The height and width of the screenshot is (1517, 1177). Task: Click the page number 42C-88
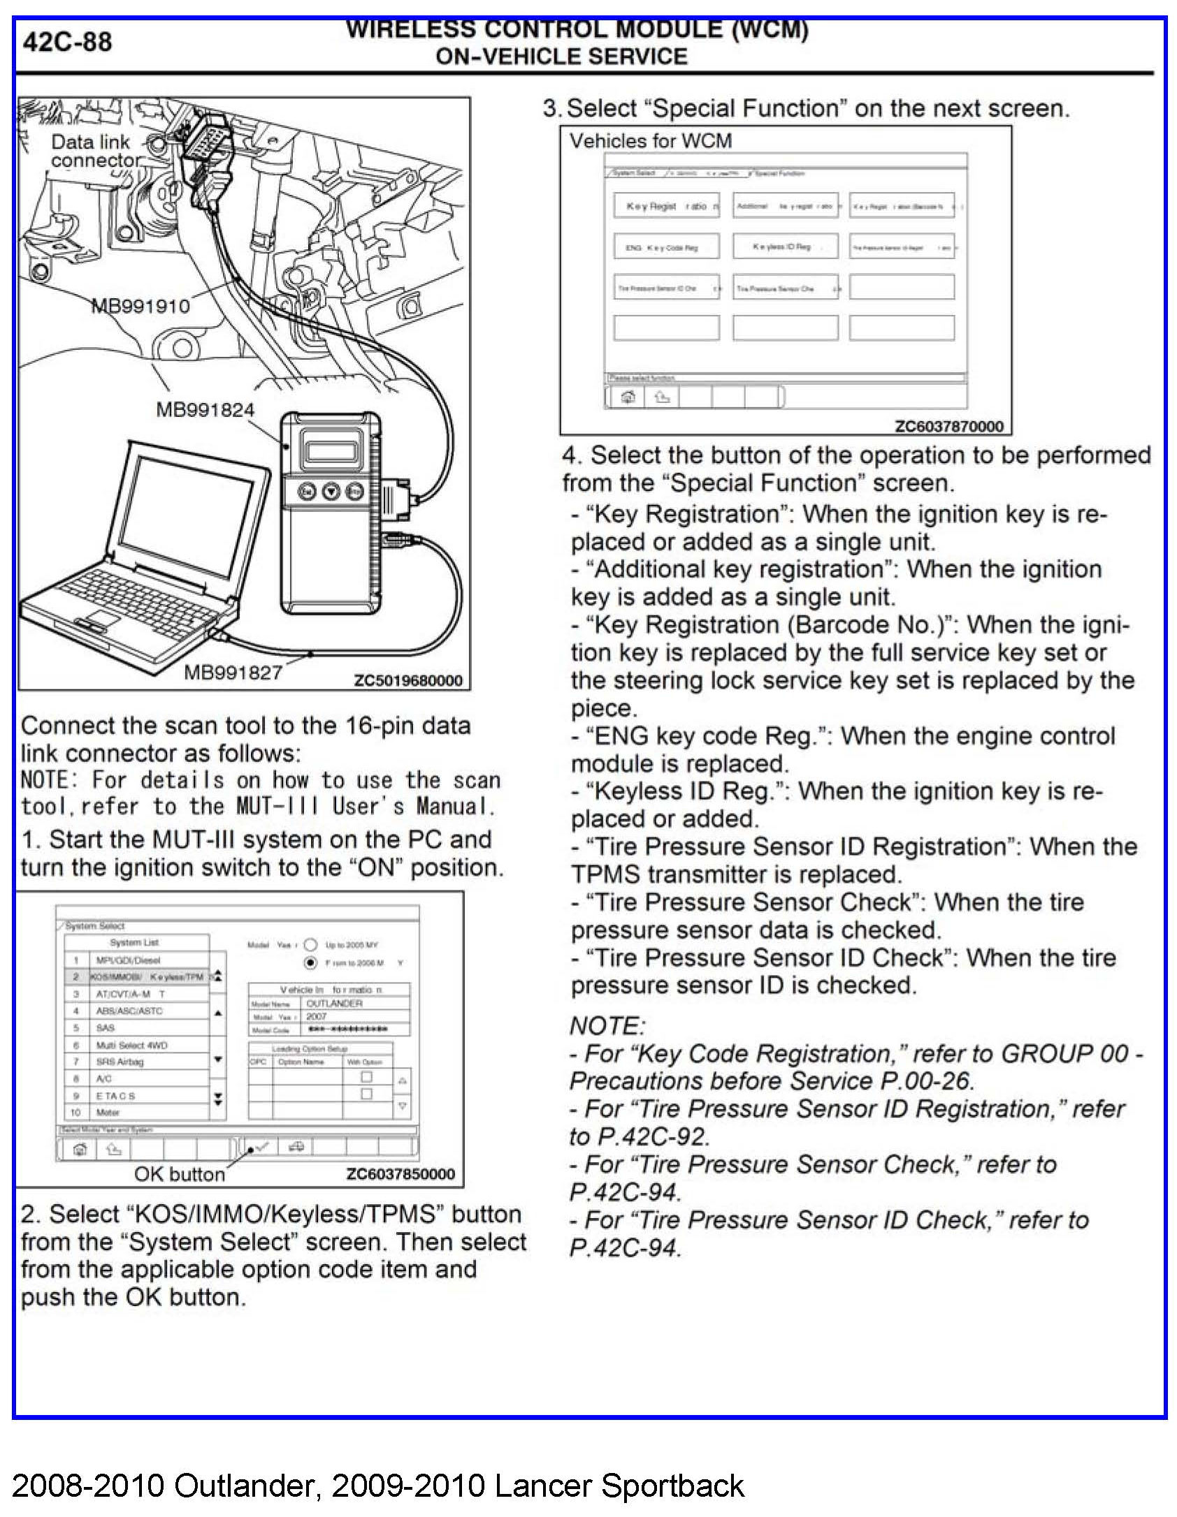pyautogui.click(x=67, y=43)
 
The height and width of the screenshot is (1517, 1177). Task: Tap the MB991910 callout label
pyautogui.click(x=140, y=306)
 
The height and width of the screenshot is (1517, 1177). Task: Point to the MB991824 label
pyautogui.click(x=205, y=410)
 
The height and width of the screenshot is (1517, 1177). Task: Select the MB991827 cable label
pyautogui.click(x=233, y=673)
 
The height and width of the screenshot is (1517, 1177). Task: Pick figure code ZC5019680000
pyautogui.click(x=408, y=681)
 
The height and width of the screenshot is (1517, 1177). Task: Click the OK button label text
pyautogui.click(x=180, y=1174)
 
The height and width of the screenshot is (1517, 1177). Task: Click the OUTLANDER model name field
pyautogui.click(x=335, y=1004)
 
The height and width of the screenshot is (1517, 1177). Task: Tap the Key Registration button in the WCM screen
pyautogui.click(x=666, y=206)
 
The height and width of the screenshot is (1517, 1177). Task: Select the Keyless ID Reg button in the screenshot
pyautogui.click(x=784, y=247)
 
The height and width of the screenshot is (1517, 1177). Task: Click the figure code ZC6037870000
pyautogui.click(x=948, y=426)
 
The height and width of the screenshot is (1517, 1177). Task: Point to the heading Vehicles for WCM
pyautogui.click(x=650, y=141)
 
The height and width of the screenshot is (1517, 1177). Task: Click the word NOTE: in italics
pyautogui.click(x=607, y=1026)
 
